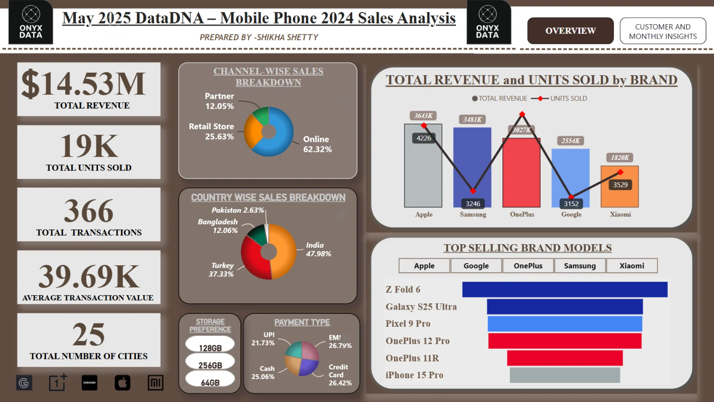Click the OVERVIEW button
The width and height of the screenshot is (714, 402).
570,31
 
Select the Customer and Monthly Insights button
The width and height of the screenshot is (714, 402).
663,31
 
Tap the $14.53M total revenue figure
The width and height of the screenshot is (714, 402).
84,83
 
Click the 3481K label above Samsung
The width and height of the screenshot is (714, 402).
472,119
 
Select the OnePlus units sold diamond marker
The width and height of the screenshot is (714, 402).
522,114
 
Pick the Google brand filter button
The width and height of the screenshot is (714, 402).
476,266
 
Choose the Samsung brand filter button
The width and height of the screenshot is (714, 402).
580,266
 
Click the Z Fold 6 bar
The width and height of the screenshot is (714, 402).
565,290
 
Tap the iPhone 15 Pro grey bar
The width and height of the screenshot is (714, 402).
565,375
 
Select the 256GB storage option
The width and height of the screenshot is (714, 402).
210,365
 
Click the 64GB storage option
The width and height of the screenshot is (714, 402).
210,382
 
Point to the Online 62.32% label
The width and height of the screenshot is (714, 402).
317,144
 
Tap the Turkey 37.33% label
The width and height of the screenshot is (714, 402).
222,269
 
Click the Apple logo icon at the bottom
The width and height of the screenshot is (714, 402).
122,383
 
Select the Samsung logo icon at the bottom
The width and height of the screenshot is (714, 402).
89,383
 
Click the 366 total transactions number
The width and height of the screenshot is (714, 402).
89,211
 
